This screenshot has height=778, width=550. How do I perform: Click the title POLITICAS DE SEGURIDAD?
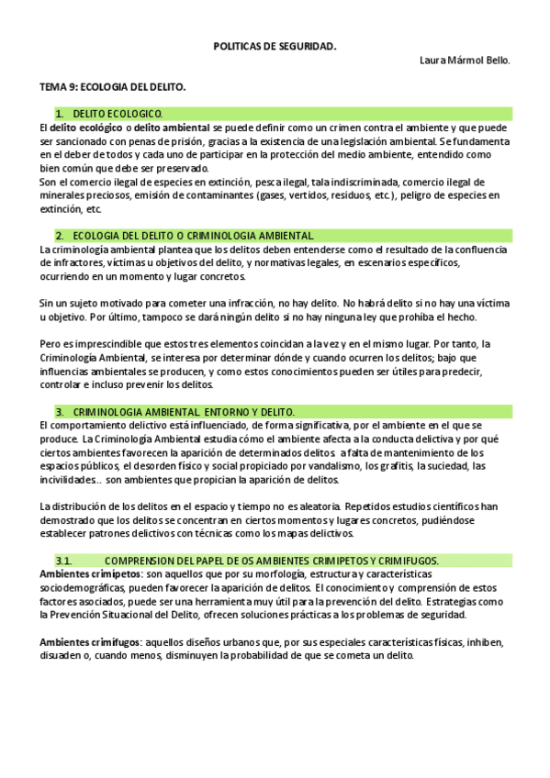275,44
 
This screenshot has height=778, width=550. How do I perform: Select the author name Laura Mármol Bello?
464,61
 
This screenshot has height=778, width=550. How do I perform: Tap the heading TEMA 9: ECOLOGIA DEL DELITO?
113,87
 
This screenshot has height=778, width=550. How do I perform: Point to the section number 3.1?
63,561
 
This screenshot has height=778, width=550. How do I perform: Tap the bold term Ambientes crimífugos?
90,642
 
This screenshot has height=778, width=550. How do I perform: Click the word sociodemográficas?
84,587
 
